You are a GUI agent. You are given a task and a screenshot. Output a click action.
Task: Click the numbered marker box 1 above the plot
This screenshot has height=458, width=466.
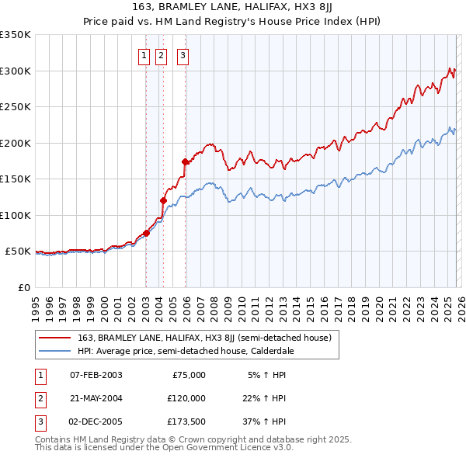(144, 55)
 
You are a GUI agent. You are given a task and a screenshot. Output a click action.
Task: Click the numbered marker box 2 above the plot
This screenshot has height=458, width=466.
(161, 55)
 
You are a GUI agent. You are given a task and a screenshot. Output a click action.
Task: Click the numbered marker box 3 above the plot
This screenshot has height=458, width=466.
(183, 55)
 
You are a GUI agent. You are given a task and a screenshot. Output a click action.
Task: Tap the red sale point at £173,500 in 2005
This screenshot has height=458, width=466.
(186, 162)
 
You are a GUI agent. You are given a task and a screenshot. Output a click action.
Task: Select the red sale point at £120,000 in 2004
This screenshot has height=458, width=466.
(164, 200)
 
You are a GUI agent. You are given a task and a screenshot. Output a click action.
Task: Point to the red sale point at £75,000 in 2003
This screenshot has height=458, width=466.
(146, 233)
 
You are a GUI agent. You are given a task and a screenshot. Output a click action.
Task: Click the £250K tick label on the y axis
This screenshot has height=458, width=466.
(16, 107)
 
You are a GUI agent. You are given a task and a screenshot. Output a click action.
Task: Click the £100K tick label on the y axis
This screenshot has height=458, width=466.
(16, 215)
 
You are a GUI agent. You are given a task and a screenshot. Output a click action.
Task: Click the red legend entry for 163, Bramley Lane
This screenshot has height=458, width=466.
(204, 338)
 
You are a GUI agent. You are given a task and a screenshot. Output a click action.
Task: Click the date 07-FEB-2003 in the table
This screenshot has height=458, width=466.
(96, 374)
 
